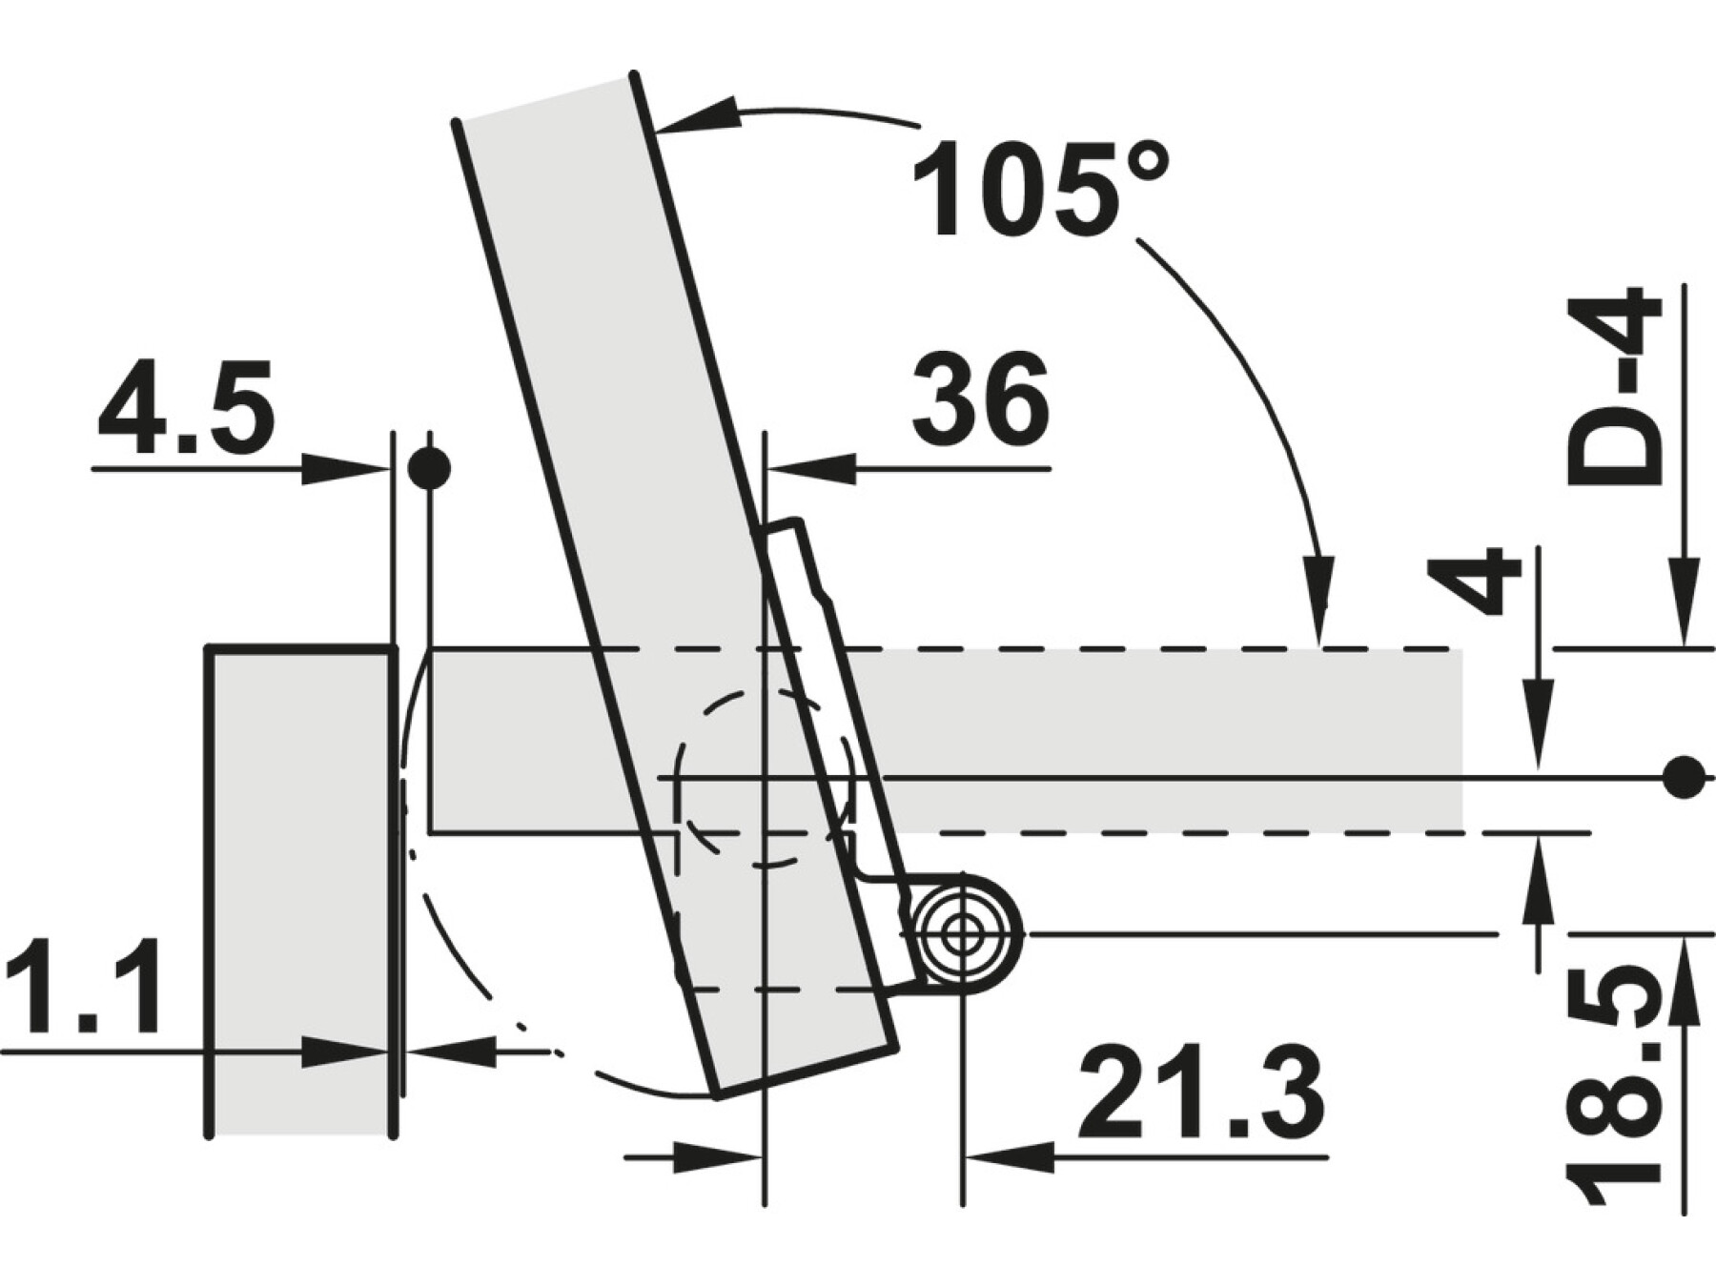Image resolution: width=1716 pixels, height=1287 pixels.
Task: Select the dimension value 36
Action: point(980,399)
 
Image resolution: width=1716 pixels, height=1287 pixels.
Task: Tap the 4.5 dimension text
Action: point(186,406)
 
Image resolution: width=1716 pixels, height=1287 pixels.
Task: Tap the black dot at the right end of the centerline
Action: point(1685,777)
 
